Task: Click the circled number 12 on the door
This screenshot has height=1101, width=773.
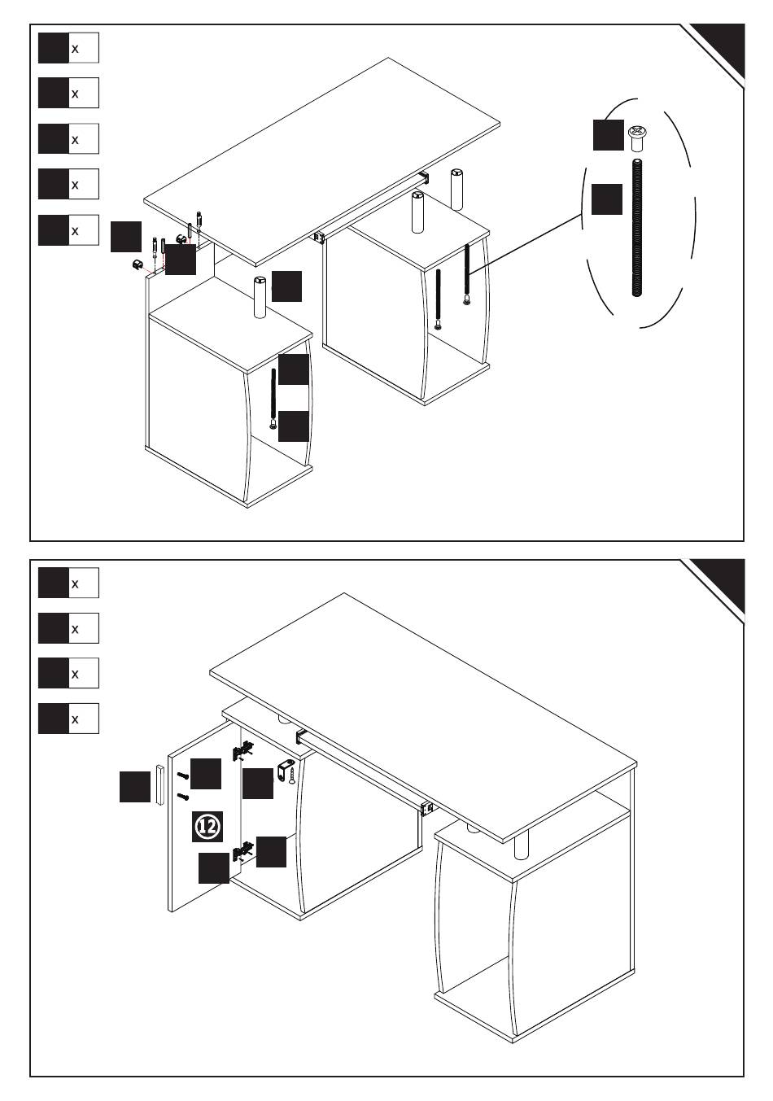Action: pyautogui.click(x=207, y=827)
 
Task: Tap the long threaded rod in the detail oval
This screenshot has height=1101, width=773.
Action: pyautogui.click(x=636, y=227)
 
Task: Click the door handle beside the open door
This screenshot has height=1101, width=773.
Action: pyautogui.click(x=160, y=784)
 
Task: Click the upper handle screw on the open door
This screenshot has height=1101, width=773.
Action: pyautogui.click(x=182, y=776)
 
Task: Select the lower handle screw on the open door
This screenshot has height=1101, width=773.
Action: pyautogui.click(x=183, y=796)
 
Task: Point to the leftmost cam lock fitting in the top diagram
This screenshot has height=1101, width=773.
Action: pyautogui.click(x=138, y=264)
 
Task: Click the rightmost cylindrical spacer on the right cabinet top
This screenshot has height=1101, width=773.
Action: pyautogui.click(x=456, y=188)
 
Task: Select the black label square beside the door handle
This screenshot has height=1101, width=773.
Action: pyautogui.click(x=135, y=786)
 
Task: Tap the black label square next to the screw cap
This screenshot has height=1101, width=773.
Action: pyautogui.click(x=608, y=135)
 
